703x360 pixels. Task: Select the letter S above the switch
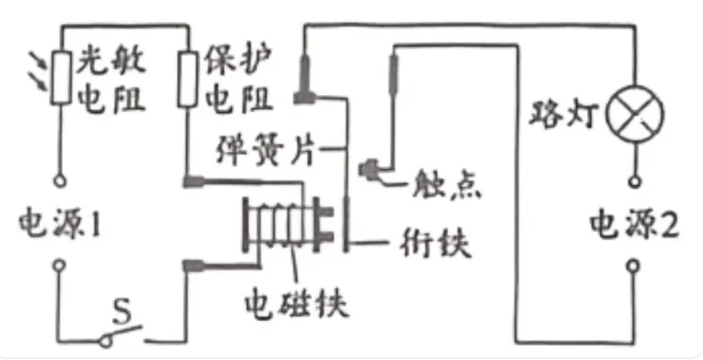pyautogui.click(x=122, y=307)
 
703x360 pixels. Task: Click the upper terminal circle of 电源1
pyautogui.click(x=59, y=179)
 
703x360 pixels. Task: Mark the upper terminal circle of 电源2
pyautogui.click(x=635, y=179)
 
